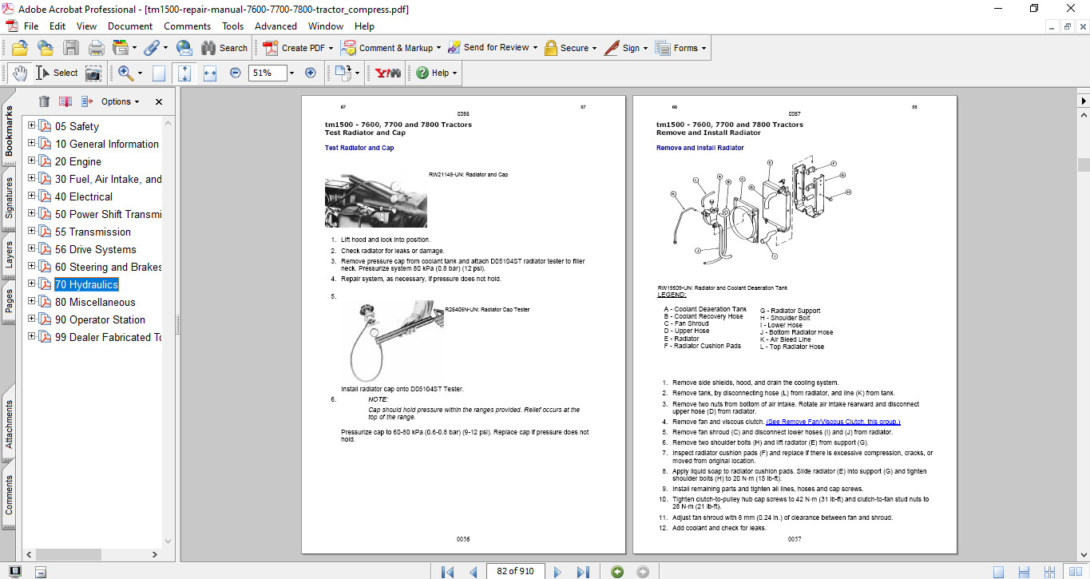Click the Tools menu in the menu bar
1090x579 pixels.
(232, 26)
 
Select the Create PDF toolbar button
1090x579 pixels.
(295, 48)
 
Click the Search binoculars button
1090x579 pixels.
(224, 48)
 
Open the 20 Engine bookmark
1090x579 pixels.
(78, 161)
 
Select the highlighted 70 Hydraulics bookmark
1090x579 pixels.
(86, 284)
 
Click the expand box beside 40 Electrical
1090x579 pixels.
(32, 196)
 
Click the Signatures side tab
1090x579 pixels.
(10, 197)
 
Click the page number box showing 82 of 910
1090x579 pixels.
(515, 571)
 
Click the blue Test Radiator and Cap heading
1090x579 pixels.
(359, 148)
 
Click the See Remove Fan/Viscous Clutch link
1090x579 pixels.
(833, 422)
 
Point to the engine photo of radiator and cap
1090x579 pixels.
(375, 201)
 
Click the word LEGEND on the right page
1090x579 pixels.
(671, 295)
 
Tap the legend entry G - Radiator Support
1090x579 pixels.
(790, 311)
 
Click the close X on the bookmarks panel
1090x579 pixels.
(159, 101)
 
